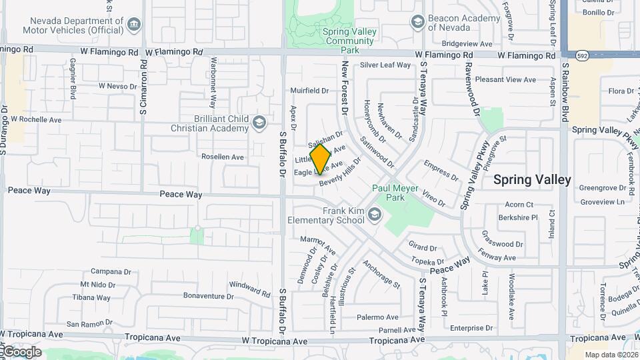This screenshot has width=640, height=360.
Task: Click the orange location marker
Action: click(321, 159)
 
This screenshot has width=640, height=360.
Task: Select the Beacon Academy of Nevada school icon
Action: click(417, 22)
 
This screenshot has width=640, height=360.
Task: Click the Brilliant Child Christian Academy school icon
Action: click(258, 123)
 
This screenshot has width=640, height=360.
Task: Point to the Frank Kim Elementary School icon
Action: click(374, 214)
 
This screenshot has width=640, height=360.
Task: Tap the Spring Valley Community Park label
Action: click(349, 40)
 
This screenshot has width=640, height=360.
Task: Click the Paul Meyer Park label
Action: click(395, 193)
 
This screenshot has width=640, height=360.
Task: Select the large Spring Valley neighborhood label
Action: click(532, 180)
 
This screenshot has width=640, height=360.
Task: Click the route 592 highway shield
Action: click(582, 55)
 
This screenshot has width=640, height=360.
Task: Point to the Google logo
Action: click(21, 351)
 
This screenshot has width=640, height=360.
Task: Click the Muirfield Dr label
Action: click(309, 91)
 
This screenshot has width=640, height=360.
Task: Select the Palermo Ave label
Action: click(377, 317)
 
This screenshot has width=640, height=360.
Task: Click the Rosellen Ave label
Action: click(223, 157)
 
